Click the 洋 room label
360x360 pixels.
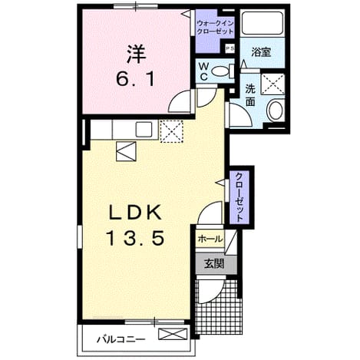point(137,54)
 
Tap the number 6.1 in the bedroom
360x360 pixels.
point(136,79)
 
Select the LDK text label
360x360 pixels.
point(136,212)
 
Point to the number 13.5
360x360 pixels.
point(135,238)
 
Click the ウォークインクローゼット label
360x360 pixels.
point(215,28)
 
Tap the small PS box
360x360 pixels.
point(230,49)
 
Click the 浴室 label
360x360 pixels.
point(261,52)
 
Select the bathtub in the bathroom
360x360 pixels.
point(263,23)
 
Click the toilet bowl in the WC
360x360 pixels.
point(220,71)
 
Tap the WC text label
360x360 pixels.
point(203,72)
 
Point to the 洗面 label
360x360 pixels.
point(250,95)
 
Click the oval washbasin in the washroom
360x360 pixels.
point(276,111)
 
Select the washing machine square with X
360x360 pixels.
point(273,84)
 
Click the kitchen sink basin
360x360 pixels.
point(144,129)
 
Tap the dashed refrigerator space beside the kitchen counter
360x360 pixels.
point(171,131)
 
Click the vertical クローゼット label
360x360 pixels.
point(239,197)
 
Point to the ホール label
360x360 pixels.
point(210,239)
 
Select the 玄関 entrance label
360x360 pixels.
point(214,264)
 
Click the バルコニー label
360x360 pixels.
point(121,339)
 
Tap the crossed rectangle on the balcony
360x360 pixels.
point(173,334)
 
